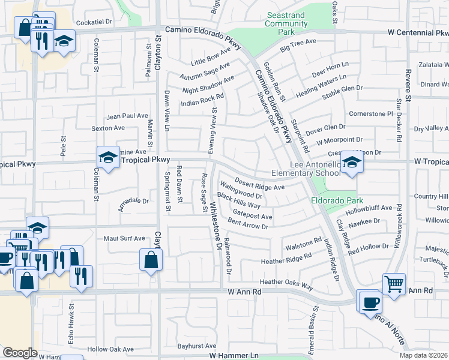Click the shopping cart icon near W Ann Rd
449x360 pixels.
click(x=394, y=284)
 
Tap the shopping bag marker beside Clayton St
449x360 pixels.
click(x=151, y=260)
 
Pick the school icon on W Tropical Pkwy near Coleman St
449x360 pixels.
click(x=108, y=158)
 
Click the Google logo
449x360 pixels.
click(x=20, y=353)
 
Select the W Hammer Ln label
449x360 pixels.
click(x=234, y=356)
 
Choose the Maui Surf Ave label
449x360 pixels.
click(x=125, y=238)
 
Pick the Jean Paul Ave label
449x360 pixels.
click(x=127, y=116)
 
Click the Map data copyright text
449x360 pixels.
click(x=423, y=355)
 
